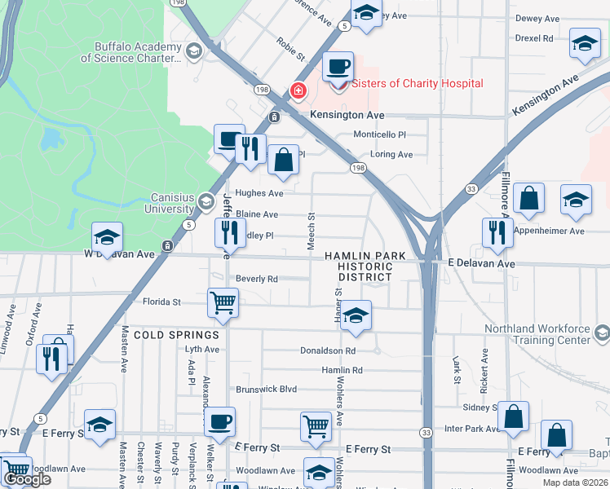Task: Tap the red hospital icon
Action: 298,90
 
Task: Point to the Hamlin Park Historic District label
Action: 365,267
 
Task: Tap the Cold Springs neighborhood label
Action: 176,335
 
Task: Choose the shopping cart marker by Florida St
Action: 223,303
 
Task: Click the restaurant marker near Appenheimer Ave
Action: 497,234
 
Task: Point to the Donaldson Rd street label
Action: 327,350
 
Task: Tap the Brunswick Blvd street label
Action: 266,390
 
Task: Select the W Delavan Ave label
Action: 119,253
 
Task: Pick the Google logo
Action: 27,478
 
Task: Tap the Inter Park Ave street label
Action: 471,428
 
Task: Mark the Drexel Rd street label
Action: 534,38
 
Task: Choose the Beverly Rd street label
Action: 257,279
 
